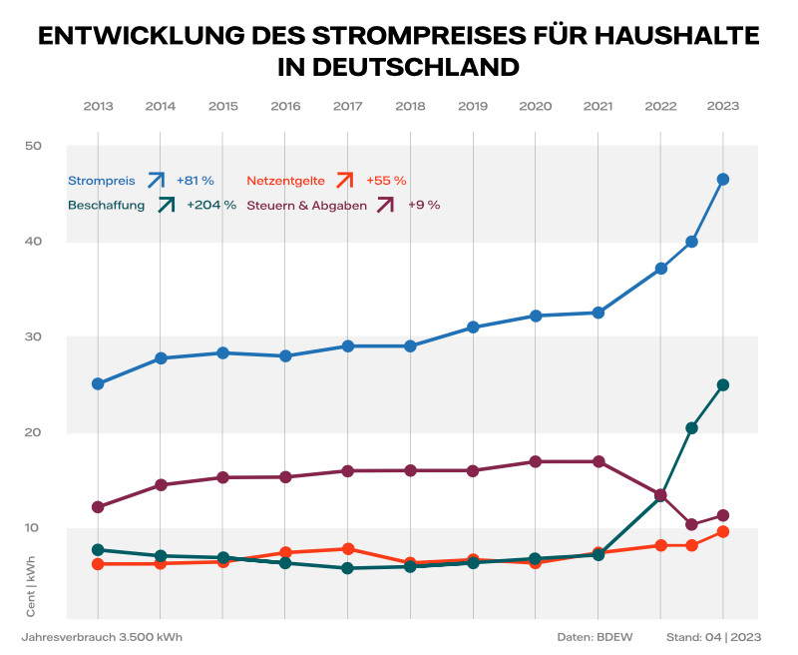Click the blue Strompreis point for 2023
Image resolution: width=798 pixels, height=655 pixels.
tap(723, 180)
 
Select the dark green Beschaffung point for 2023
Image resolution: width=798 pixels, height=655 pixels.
tap(723, 384)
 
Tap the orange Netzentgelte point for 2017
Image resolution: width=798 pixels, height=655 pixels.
tap(347, 549)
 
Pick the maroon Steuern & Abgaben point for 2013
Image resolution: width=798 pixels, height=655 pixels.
tap(98, 507)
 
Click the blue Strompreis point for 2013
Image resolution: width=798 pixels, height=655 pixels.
tap(98, 383)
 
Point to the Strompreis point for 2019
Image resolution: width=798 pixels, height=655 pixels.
tap(473, 327)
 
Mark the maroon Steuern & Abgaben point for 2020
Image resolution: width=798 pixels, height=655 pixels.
tap(536, 461)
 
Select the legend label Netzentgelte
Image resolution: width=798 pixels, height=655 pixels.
tap(285, 181)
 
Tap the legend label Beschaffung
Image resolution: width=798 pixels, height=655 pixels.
tap(107, 205)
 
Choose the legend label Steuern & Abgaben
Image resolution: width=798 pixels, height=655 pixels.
tap(306, 205)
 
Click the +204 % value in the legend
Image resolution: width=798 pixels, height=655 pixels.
tap(211, 205)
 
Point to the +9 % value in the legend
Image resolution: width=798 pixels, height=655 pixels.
tap(424, 205)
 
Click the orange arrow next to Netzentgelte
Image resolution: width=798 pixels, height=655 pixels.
tap(345, 180)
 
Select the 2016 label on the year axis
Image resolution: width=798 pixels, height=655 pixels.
tap(285, 106)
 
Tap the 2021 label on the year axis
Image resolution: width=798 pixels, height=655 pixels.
tap(598, 106)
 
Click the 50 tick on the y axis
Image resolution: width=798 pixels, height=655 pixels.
tap(33, 146)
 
